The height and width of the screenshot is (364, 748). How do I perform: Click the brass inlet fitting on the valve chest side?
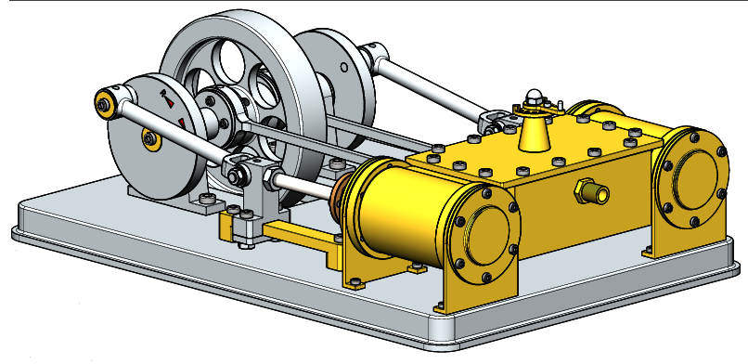click(592, 192)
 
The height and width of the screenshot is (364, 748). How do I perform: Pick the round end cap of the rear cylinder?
click(691, 172)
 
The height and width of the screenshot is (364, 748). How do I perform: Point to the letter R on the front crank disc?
click(165, 94)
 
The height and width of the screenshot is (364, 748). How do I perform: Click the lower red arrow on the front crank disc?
click(182, 123)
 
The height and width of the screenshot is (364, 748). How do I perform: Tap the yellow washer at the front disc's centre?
click(149, 139)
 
